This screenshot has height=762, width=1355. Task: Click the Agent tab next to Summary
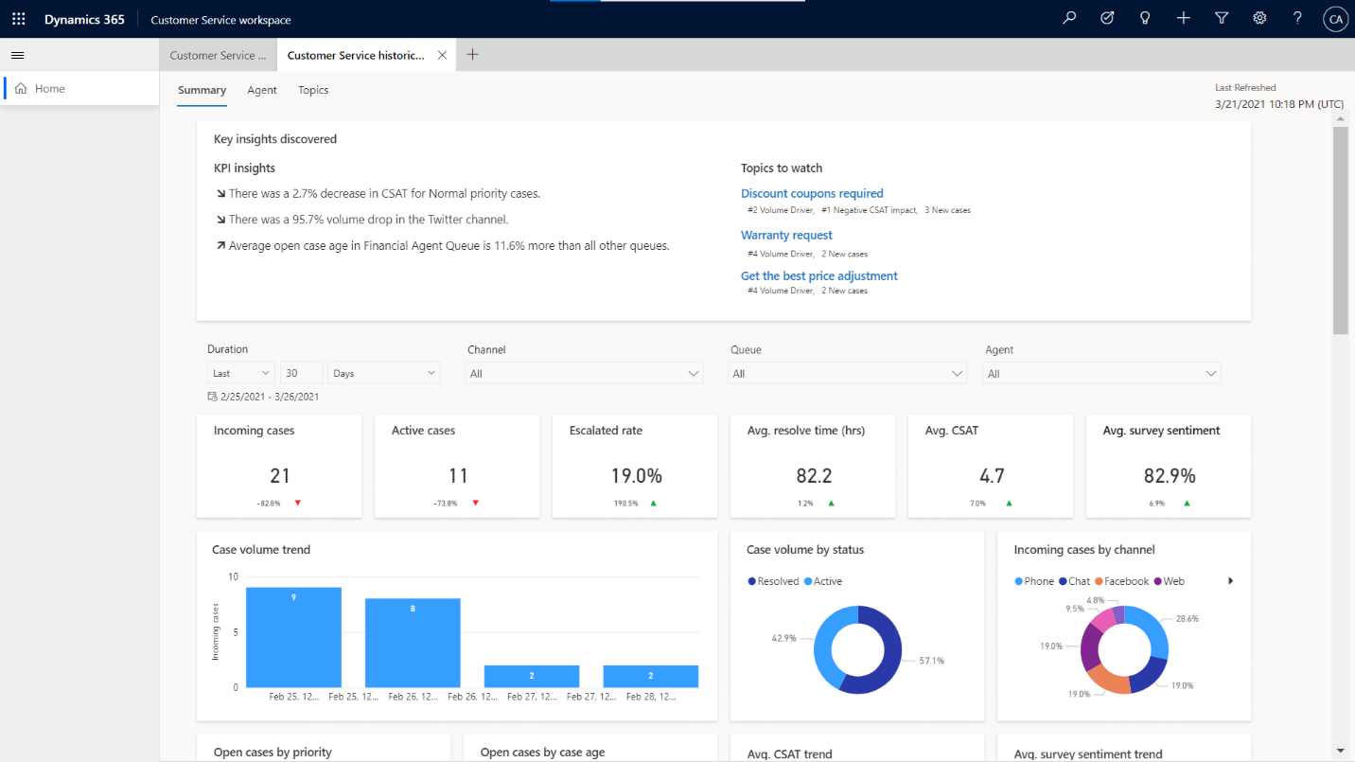coord(262,90)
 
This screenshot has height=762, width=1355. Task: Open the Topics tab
coord(313,90)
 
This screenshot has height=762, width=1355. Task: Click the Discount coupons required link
coord(812,193)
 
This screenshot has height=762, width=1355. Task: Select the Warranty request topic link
coord(786,235)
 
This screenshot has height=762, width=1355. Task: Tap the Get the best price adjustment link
coord(818,275)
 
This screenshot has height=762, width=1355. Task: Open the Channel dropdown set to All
coord(585,374)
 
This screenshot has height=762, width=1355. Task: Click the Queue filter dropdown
coord(848,374)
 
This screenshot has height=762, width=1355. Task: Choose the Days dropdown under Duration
coord(384,373)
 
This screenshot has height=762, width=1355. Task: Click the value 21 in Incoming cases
coord(279,475)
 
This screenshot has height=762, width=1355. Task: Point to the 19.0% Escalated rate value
coord(635,475)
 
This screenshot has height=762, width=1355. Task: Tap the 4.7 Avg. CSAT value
coord(991,475)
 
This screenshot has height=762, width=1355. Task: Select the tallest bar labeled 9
coord(293,637)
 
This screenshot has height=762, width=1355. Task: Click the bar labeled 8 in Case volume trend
coord(413,643)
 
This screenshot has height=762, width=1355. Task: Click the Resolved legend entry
coord(773,581)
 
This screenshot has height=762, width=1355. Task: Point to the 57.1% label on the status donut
coord(931,661)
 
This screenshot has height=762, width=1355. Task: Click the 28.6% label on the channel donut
coord(1186,618)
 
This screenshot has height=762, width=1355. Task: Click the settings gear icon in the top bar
coord(1259,18)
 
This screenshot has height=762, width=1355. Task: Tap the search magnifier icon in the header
coord(1069,18)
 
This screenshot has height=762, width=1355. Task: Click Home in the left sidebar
coord(49,89)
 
